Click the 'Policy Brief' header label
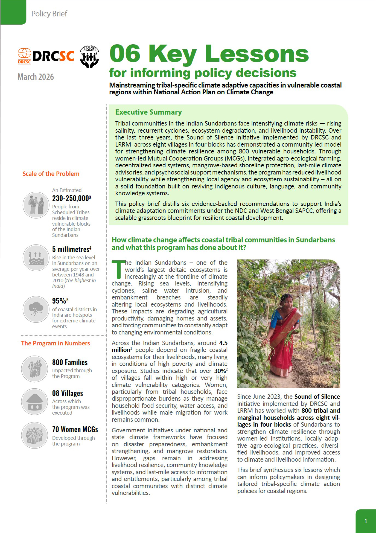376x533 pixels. tap(49, 14)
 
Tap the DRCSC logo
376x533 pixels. tap(46, 56)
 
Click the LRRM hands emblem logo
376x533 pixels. tap(89, 57)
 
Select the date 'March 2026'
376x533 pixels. tap(36, 77)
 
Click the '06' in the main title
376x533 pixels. tap(125, 54)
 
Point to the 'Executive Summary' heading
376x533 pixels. tap(148, 112)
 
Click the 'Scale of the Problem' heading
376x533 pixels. tap(51, 174)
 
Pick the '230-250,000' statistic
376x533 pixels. tap(71, 198)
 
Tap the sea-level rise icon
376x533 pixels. tap(36, 258)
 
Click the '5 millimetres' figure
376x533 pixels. tap(71, 249)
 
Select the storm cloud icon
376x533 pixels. tap(36, 309)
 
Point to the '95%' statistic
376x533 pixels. tap(59, 301)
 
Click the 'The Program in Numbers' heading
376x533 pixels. tap(56, 343)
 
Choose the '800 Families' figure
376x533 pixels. tap(70, 362)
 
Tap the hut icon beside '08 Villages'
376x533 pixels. tap(35, 402)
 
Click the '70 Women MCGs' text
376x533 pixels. tap(75, 429)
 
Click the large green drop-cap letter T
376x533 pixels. tap(118, 269)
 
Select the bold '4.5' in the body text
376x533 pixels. tap(223, 343)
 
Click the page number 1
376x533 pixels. tap(366, 521)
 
